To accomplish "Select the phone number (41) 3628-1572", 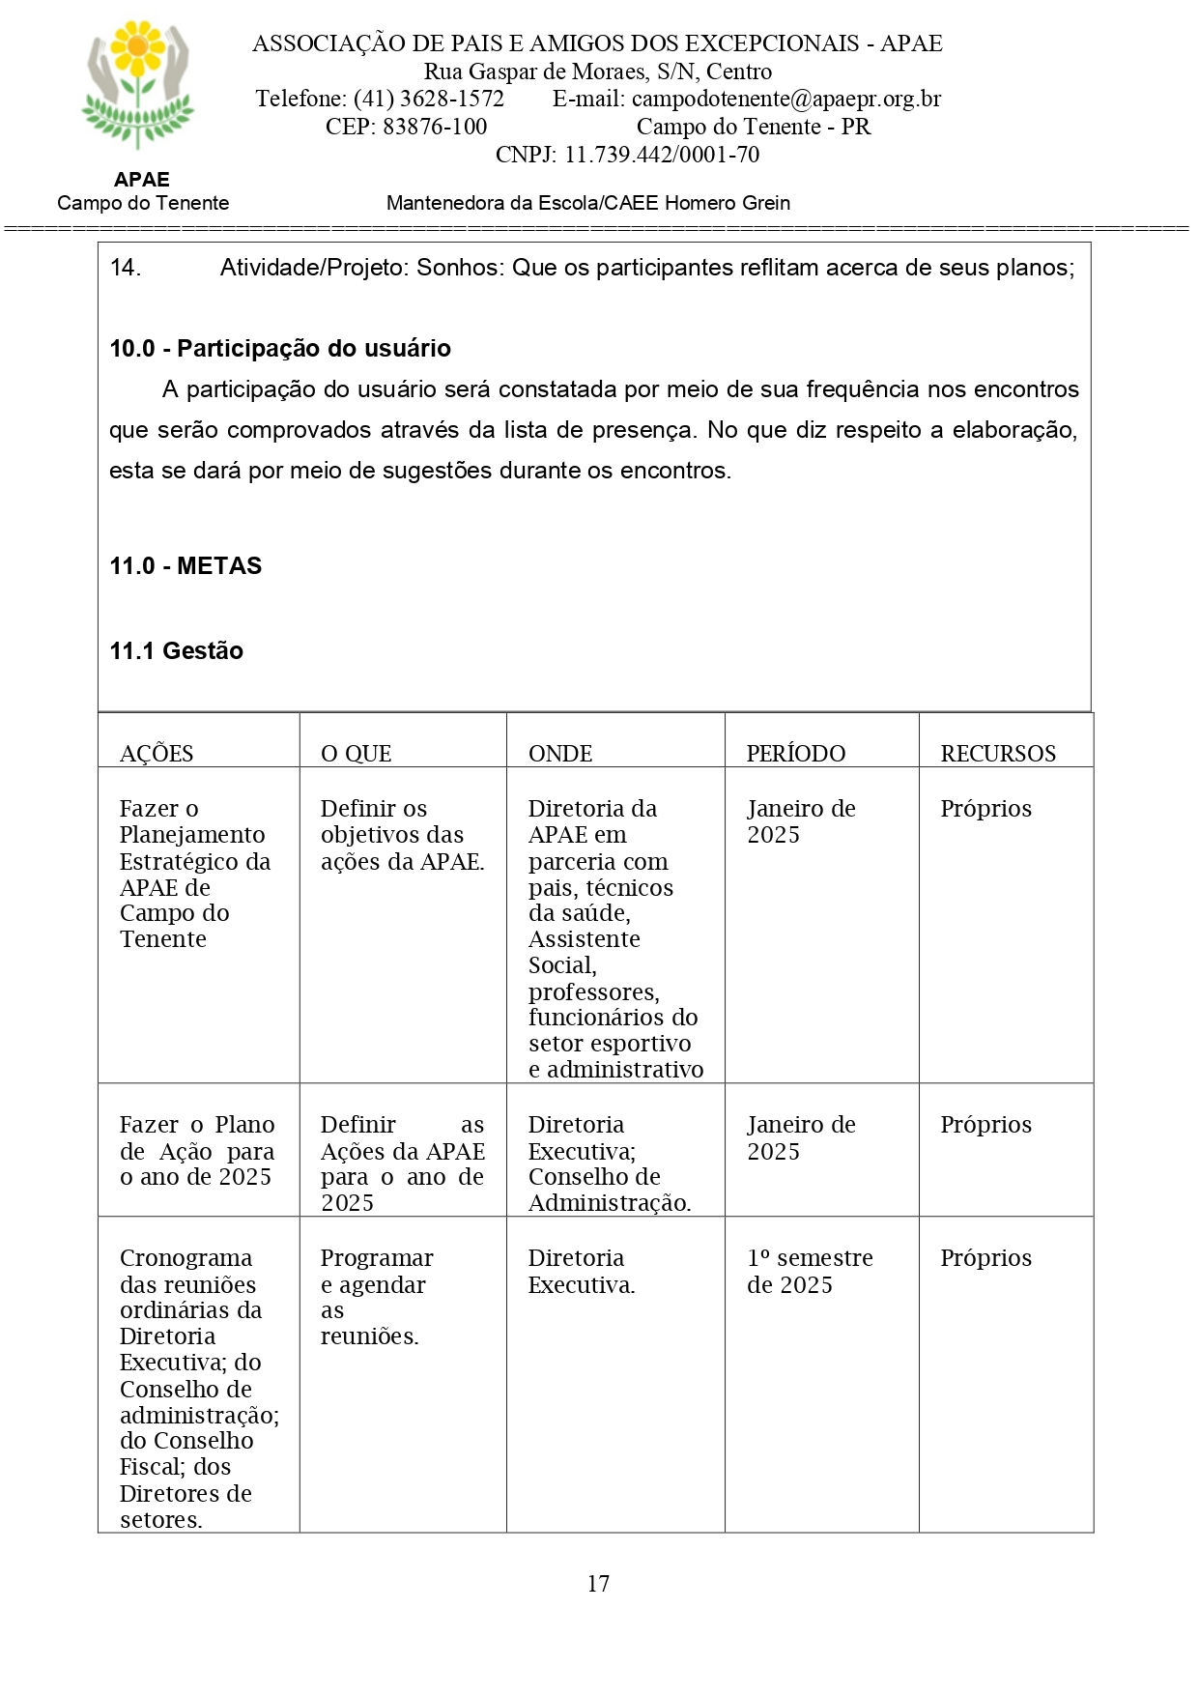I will click(429, 99).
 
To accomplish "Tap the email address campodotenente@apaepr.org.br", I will click(785, 99).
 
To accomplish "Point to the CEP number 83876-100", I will click(435, 127).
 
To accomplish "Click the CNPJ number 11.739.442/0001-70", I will click(662, 155).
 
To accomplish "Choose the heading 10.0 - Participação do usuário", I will click(280, 348).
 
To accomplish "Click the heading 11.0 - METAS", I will click(186, 565).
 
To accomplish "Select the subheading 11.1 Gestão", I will click(176, 650).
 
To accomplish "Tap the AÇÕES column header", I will click(157, 754).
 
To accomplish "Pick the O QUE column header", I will click(356, 754).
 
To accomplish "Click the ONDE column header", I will click(560, 754).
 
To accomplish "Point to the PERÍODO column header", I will click(795, 754).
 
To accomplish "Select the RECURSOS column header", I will click(998, 754).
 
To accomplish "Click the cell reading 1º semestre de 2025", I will click(810, 1271).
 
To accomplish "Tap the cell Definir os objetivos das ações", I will click(402, 834).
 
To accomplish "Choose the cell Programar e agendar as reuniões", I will click(377, 1297).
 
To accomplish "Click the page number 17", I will click(598, 1583).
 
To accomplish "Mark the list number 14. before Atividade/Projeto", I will click(126, 268).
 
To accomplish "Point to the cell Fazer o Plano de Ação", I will click(197, 1150).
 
